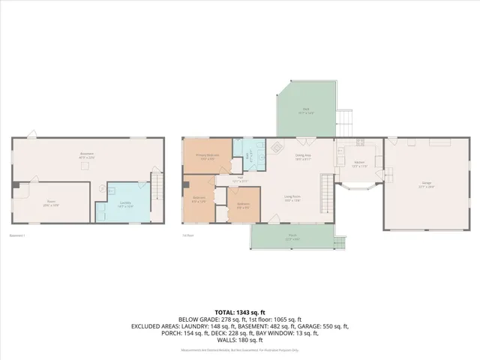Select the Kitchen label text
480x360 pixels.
[359, 163]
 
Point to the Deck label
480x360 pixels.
[307, 110]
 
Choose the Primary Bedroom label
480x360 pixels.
[206, 157]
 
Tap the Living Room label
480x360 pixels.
[292, 198]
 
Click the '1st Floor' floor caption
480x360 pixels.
[188, 235]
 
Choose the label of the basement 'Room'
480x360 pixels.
[51, 202]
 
